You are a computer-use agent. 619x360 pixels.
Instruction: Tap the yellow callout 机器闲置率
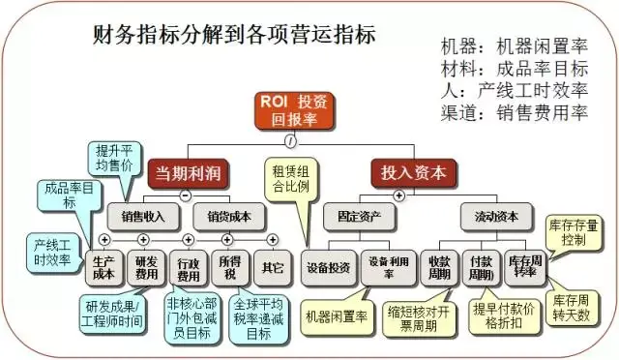(335, 316)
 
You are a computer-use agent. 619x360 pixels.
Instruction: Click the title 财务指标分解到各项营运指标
(235, 35)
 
